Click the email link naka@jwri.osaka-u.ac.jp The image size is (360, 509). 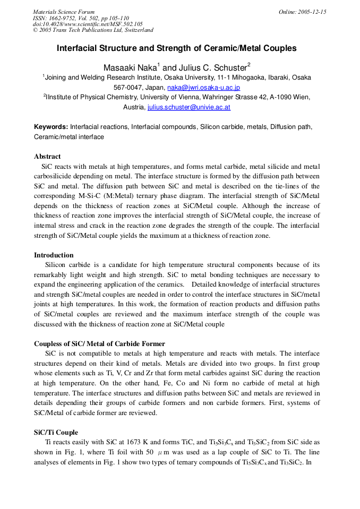[203, 88]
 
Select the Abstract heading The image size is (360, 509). [47, 157]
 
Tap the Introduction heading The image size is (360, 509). [54, 255]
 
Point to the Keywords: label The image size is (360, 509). [51, 127]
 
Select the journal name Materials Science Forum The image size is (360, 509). [64, 12]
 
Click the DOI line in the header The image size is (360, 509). [88, 24]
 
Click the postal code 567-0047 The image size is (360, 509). [128, 88]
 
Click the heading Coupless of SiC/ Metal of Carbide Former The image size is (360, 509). [99, 344]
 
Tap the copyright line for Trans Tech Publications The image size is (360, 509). [93, 30]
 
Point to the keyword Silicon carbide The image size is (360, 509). [247, 127]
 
